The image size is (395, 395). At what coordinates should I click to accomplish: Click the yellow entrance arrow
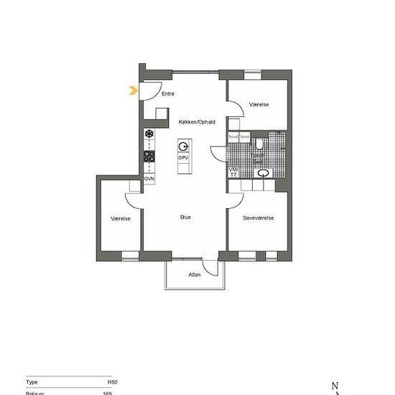point(134,90)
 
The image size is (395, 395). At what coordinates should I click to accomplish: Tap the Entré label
point(168,94)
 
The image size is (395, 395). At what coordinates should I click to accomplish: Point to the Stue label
point(185,217)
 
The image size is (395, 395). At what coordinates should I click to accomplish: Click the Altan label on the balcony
point(195,274)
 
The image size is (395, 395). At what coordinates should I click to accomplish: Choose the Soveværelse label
point(259,218)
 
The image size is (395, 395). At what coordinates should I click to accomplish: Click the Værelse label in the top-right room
point(259,105)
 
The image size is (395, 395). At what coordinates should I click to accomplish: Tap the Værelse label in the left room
point(121,218)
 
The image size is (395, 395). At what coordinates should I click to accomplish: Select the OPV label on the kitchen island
point(184,157)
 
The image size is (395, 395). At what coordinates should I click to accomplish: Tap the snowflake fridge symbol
point(149,134)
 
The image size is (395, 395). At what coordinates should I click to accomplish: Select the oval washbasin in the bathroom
point(264,172)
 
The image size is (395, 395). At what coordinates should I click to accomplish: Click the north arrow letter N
point(335,386)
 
